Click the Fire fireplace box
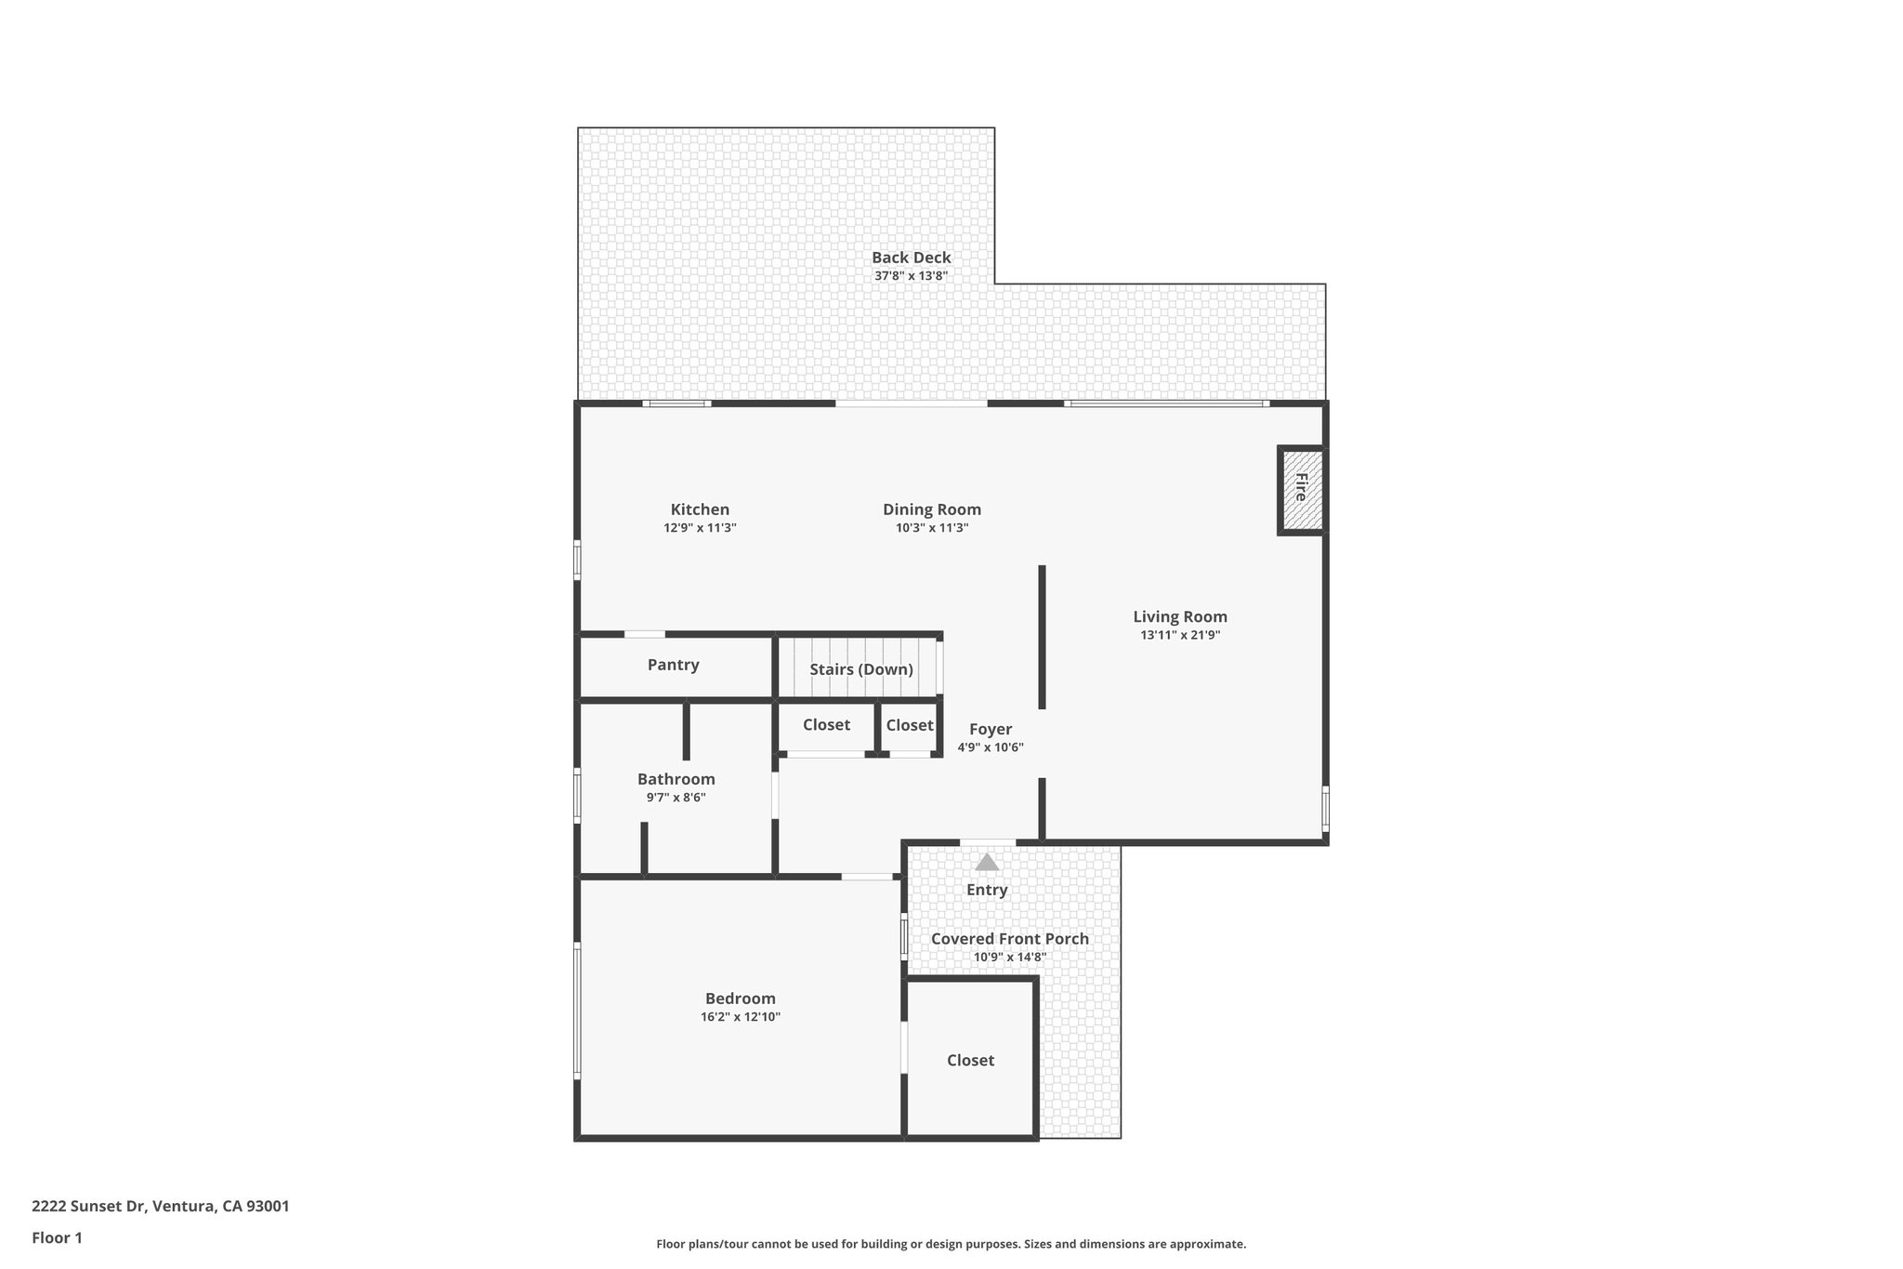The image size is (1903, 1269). point(1302,489)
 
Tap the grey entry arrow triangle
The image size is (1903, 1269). point(987,863)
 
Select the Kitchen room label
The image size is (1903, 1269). point(700,509)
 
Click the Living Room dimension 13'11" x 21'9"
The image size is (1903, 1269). point(1180,636)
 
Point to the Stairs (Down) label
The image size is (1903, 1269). point(860,669)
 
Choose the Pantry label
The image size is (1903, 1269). point(673,665)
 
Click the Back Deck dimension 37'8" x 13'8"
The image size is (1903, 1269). point(911,276)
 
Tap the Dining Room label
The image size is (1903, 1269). point(931,509)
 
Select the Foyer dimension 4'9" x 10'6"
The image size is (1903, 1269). point(991,747)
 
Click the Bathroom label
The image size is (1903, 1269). point(676,779)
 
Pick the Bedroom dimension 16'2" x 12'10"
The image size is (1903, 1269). point(740,1017)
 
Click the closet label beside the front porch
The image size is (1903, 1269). point(970,1061)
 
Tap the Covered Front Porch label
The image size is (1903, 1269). point(1009,939)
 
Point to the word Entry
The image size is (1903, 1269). point(986,890)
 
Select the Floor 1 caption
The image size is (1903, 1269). point(57,1237)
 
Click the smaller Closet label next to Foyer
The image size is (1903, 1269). point(909,725)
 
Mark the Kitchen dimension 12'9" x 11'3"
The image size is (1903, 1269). point(700,528)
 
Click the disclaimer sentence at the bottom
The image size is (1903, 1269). point(951,1244)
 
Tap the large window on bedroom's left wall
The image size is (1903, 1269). point(577,1011)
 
